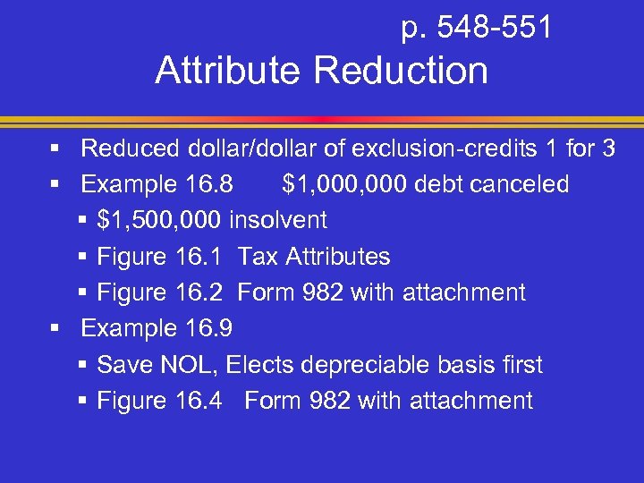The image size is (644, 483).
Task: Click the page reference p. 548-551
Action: pyautogui.click(x=476, y=29)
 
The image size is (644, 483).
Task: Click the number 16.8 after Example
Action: pyautogui.click(x=208, y=184)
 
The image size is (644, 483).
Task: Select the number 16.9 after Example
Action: pyautogui.click(x=208, y=328)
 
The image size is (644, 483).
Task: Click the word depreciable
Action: pyautogui.click(x=361, y=365)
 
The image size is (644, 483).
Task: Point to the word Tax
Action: pyautogui.click(x=258, y=257)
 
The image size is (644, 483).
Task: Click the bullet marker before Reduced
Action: pyautogui.click(x=55, y=148)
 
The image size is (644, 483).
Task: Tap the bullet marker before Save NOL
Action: pyautogui.click(x=83, y=365)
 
